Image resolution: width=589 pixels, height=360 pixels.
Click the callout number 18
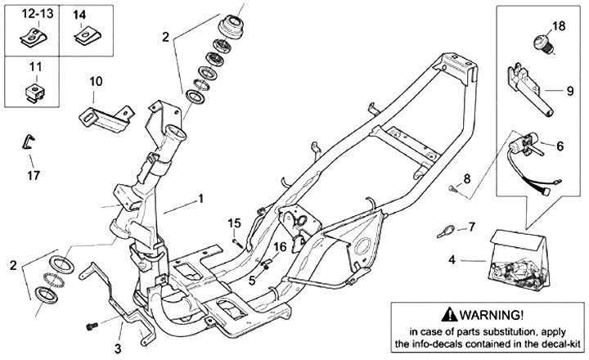[x=559, y=26]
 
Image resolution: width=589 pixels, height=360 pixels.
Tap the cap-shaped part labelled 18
[x=542, y=43]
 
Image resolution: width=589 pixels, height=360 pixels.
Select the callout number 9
[x=570, y=91]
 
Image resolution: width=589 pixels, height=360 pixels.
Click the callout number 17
[x=34, y=175]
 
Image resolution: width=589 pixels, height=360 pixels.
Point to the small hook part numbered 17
[x=28, y=142]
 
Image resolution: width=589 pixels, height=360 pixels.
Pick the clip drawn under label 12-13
[x=33, y=37]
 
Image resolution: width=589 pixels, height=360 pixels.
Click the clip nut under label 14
[x=88, y=37]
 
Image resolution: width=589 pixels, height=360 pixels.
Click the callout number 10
[x=96, y=81]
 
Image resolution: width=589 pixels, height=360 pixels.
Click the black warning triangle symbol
[x=449, y=314]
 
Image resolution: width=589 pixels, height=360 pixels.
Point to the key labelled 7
[x=446, y=231]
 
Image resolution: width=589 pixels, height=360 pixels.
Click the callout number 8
[x=466, y=178]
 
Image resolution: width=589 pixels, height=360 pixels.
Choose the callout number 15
[x=234, y=223]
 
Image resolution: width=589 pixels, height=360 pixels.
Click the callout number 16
[x=280, y=247]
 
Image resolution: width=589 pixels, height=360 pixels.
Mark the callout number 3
[x=118, y=349]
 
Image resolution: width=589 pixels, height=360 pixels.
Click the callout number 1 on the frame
[x=201, y=199]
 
